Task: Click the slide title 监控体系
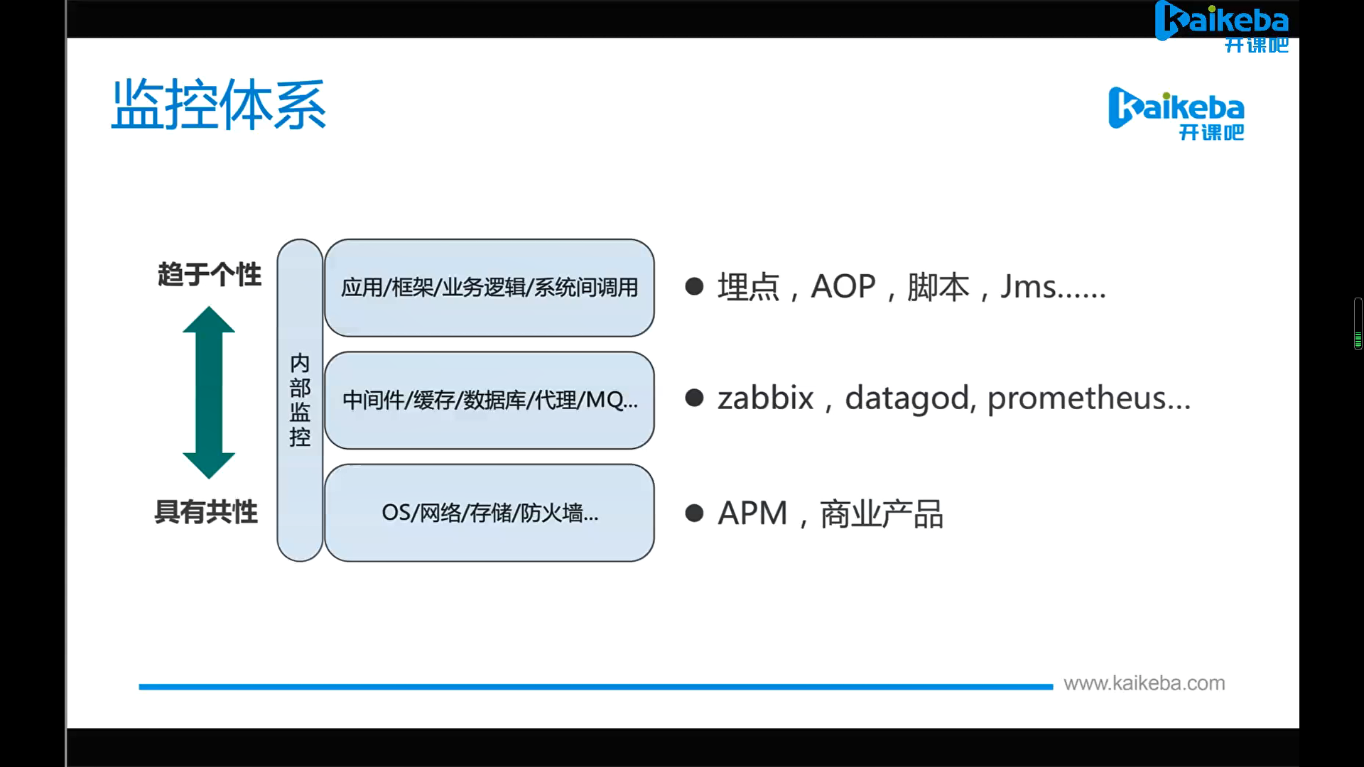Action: [x=219, y=104]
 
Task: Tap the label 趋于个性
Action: [x=210, y=274]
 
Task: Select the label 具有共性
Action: [x=206, y=511]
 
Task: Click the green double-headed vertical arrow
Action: [x=209, y=392]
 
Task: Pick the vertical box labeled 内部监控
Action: [x=300, y=400]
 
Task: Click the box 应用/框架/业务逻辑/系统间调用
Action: [x=489, y=288]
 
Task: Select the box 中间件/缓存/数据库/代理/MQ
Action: [x=489, y=400]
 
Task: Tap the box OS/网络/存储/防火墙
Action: [x=489, y=513]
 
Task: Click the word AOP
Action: [x=843, y=287]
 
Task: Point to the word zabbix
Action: [x=765, y=398]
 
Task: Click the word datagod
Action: [x=906, y=398]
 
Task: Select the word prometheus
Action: [x=1077, y=398]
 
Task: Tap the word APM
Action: [x=752, y=513]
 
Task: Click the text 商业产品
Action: [x=882, y=513]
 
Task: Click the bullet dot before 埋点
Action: [x=694, y=286]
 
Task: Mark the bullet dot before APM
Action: [x=694, y=513]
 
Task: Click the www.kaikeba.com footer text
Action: [x=1144, y=683]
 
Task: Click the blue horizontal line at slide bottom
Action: [x=595, y=687]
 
